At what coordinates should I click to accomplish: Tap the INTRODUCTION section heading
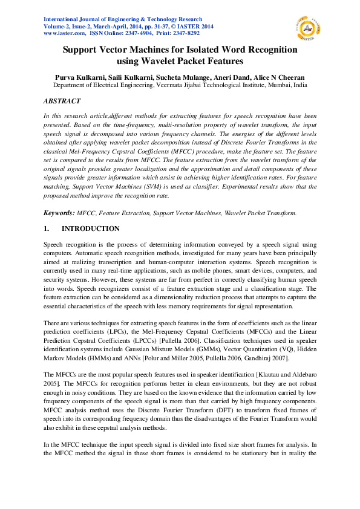pyautogui.click(x=91, y=229)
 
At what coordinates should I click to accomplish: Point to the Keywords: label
pyautogui.click(x=58, y=214)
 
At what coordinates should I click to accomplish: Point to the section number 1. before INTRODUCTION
pyautogui.click(x=45, y=229)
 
